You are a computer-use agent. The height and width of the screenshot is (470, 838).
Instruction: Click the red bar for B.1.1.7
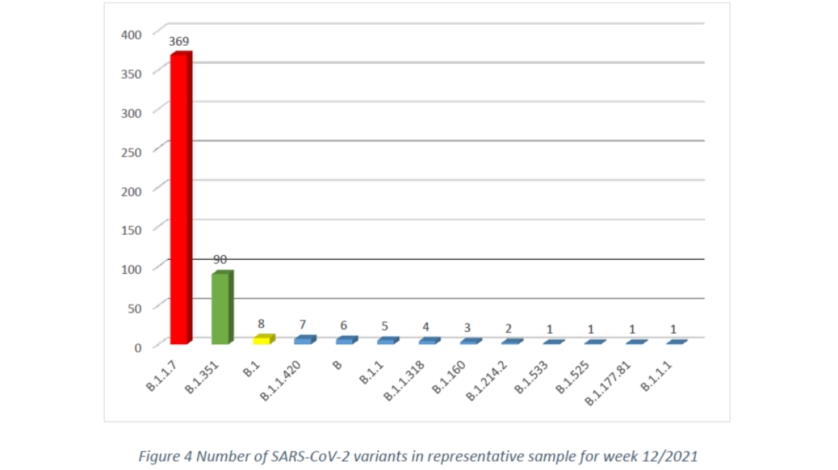180,198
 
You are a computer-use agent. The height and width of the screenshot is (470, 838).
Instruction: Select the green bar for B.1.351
221,308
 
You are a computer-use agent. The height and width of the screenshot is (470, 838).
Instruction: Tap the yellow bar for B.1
263,339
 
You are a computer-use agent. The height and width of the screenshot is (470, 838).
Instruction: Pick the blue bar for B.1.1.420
304,340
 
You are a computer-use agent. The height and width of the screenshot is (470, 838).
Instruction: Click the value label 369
179,42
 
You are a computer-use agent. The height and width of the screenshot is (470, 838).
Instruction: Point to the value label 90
220,260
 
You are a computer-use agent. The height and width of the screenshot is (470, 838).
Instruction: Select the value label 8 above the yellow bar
262,324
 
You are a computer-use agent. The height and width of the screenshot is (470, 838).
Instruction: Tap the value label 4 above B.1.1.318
426,326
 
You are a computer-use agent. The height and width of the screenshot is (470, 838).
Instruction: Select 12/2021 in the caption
673,456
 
